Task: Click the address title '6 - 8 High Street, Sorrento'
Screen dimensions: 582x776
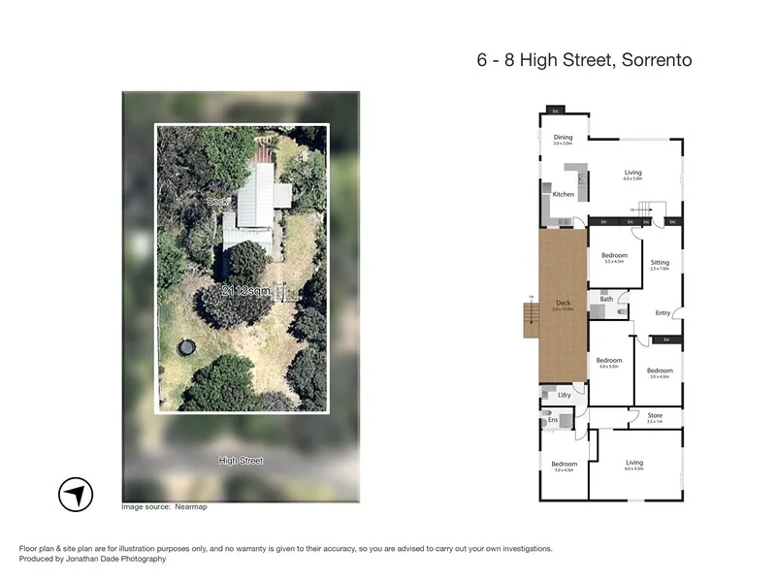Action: [x=584, y=60]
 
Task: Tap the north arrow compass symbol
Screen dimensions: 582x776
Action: [x=76, y=495]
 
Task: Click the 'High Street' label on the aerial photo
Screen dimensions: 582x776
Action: [x=241, y=461]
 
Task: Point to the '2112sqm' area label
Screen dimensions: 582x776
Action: [x=246, y=291]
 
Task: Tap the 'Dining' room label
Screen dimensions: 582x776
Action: [x=563, y=138]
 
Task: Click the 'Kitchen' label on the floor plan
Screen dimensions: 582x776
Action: [x=563, y=194]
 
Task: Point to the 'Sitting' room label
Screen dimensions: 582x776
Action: [x=660, y=263]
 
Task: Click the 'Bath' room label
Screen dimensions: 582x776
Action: [x=606, y=300]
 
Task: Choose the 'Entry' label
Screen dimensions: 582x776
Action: [x=663, y=312]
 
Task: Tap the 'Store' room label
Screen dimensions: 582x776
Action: [x=655, y=416]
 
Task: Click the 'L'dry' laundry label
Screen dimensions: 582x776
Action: [x=564, y=395]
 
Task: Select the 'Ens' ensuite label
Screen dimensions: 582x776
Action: [x=553, y=419]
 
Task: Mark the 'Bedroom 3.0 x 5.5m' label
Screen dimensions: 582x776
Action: [x=609, y=362]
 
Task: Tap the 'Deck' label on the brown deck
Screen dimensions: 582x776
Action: [x=563, y=305]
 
